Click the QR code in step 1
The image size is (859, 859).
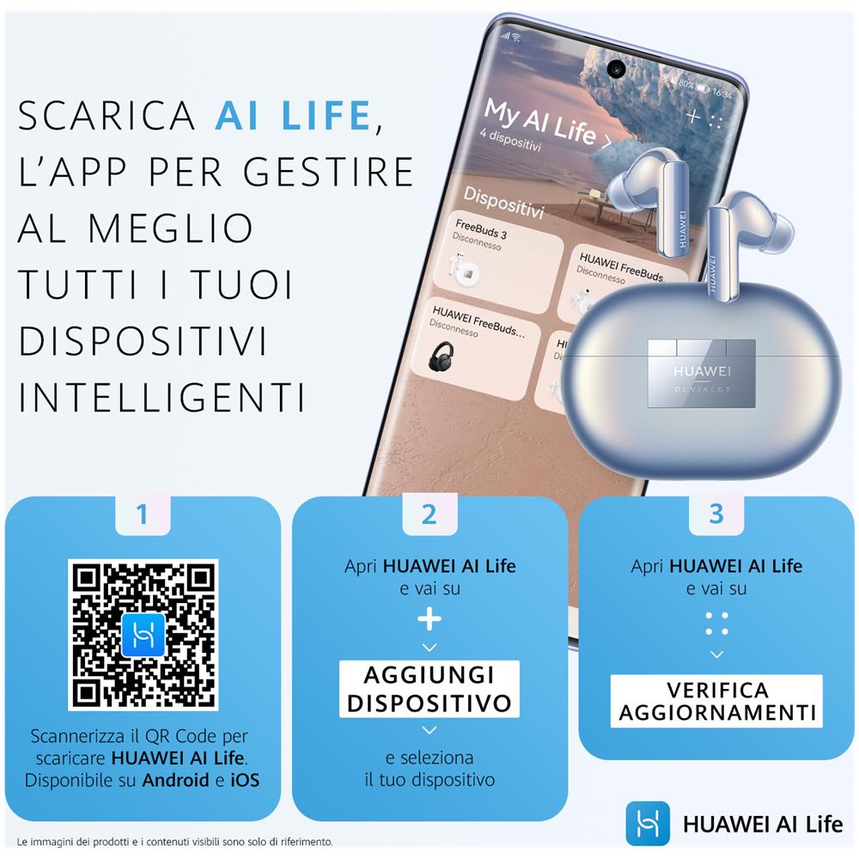point(143,635)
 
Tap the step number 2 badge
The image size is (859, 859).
point(429,514)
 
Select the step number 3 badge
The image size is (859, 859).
point(716,514)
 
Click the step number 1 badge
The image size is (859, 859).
point(143,514)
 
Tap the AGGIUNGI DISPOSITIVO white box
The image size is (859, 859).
point(429,689)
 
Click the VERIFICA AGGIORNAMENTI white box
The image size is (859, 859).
point(716,701)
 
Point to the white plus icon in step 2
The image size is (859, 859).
point(429,619)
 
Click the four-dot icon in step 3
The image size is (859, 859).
point(716,624)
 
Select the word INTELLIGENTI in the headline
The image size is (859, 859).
point(161,397)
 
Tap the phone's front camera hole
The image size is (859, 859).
point(616,69)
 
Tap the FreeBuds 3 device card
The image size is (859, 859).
point(498,259)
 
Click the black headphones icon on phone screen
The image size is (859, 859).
point(441,356)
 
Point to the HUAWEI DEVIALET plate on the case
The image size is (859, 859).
point(702,374)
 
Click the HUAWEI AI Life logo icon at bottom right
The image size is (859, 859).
point(648,824)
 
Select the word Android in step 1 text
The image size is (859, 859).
point(175,780)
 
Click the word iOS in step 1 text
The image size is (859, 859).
point(245,780)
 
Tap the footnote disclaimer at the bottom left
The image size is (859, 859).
point(174,842)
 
